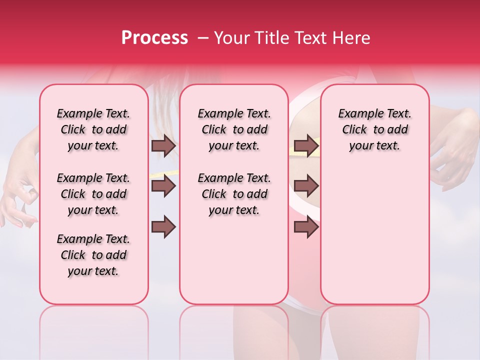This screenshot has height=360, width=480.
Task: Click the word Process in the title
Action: [154, 38]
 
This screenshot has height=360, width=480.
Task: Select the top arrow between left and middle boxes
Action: [163, 145]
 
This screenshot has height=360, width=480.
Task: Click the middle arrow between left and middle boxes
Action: [163, 186]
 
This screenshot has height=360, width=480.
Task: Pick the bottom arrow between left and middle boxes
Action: [163, 227]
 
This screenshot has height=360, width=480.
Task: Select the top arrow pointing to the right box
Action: [305, 145]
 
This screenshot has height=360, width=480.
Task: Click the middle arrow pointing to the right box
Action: [305, 186]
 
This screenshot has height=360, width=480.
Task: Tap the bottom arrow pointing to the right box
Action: [305, 227]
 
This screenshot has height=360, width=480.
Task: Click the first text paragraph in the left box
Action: [93, 129]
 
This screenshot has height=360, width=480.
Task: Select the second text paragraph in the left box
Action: [93, 194]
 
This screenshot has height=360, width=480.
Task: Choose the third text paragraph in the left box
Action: [93, 255]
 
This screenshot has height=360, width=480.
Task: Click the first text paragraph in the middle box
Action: [234, 129]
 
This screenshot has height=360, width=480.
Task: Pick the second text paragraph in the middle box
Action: [234, 194]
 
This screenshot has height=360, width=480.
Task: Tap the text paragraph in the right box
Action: [375, 129]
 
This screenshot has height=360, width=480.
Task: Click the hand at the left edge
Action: [17, 200]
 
